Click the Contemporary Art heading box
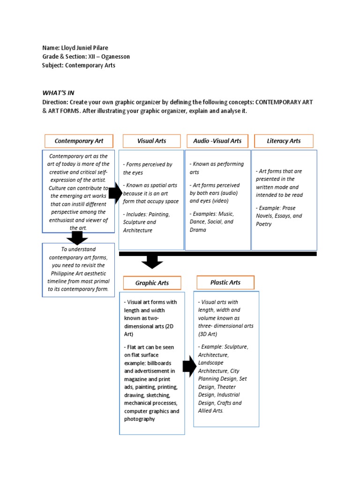[x=79, y=141]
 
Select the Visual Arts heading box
[x=151, y=141]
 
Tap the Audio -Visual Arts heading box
[x=217, y=141]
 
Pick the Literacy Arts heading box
[x=284, y=141]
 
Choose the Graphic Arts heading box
[x=152, y=283]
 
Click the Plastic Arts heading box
[x=225, y=282]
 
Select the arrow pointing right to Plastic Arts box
[x=189, y=367]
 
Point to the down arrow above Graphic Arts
[x=151, y=261]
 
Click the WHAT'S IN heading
[x=58, y=93]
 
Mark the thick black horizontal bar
[x=218, y=254]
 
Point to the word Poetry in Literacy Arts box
[x=263, y=224]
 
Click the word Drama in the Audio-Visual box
[x=198, y=230]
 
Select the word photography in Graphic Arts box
[x=139, y=419]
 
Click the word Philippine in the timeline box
[x=61, y=273]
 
